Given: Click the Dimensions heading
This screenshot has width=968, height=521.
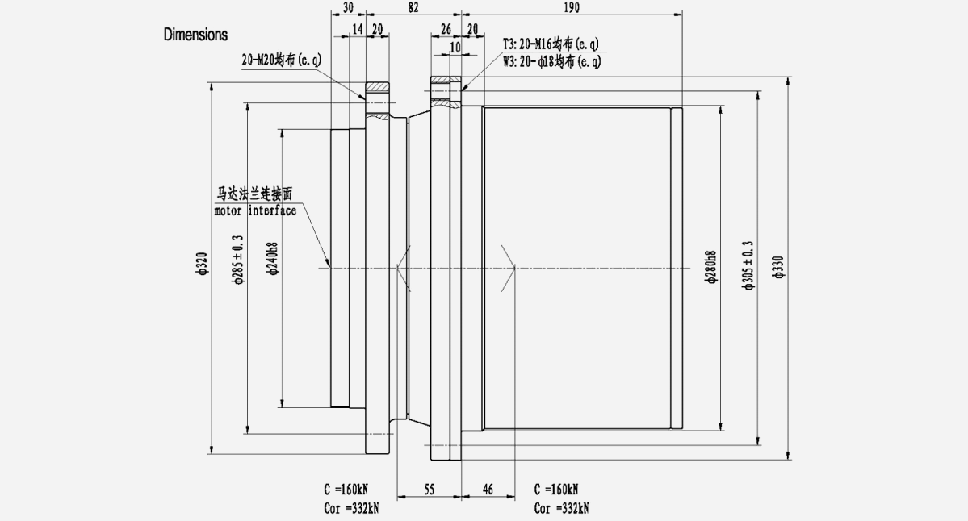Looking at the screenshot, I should (x=195, y=35).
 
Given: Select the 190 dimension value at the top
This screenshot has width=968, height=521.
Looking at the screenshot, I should (x=574, y=7).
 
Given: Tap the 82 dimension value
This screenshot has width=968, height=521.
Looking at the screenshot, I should (x=414, y=7).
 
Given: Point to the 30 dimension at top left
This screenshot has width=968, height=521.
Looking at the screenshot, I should (x=349, y=7).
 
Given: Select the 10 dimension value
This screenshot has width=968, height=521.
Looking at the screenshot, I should (x=455, y=48).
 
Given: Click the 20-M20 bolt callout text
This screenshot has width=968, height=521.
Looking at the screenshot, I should (x=282, y=59).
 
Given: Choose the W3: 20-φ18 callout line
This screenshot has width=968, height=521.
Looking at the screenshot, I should (x=551, y=60).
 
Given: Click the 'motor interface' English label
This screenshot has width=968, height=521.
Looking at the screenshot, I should (x=255, y=211).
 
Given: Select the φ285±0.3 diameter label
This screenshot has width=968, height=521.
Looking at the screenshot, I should (x=238, y=260).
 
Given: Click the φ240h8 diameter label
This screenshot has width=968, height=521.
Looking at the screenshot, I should (x=273, y=260).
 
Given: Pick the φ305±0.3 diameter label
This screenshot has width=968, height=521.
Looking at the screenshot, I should (x=748, y=265).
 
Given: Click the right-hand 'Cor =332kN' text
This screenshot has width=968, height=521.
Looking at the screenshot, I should (x=562, y=509).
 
